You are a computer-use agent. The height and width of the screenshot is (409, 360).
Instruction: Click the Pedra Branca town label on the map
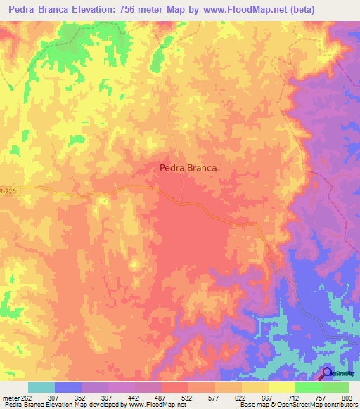tap(188, 168)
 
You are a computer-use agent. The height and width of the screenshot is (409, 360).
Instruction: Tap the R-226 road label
tap(7, 190)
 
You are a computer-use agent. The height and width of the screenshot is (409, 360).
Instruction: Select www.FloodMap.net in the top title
tap(235, 10)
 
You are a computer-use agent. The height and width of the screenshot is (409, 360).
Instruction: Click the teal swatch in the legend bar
tap(41, 387)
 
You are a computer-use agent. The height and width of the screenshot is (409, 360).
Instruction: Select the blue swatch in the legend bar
tap(67, 387)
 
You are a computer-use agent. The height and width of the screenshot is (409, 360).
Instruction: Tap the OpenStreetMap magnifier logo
tap(326, 372)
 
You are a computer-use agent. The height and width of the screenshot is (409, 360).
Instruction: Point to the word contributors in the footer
tap(340, 404)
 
